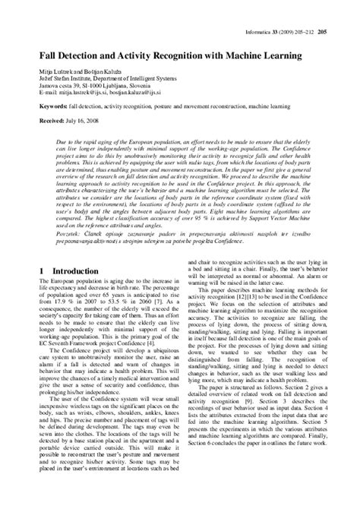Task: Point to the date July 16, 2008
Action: [81, 120]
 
